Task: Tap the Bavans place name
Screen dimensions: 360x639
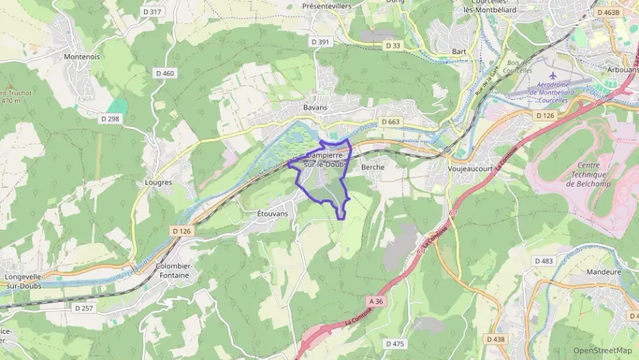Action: (x=315, y=107)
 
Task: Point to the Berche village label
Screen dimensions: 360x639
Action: (x=373, y=167)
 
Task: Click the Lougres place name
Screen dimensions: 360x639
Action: (x=158, y=182)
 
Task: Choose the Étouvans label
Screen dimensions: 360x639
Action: (x=272, y=214)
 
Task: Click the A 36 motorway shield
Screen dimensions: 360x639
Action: (x=375, y=301)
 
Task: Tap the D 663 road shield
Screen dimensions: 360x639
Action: (x=390, y=122)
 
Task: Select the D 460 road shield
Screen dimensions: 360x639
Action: (x=165, y=73)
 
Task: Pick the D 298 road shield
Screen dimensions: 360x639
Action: (x=110, y=118)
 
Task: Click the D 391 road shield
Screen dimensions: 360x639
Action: (x=319, y=42)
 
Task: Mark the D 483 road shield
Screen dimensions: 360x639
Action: (x=543, y=261)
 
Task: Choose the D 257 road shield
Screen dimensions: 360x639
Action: (x=83, y=308)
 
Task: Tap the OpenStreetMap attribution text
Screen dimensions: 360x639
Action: (x=602, y=350)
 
